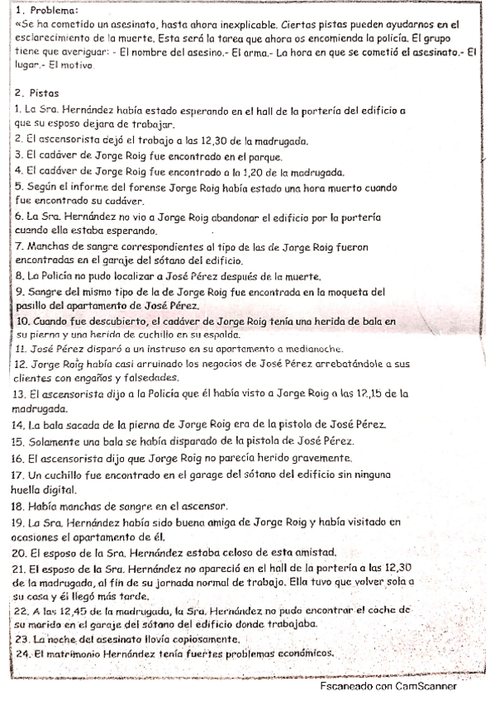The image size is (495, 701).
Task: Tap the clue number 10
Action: point(24,320)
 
